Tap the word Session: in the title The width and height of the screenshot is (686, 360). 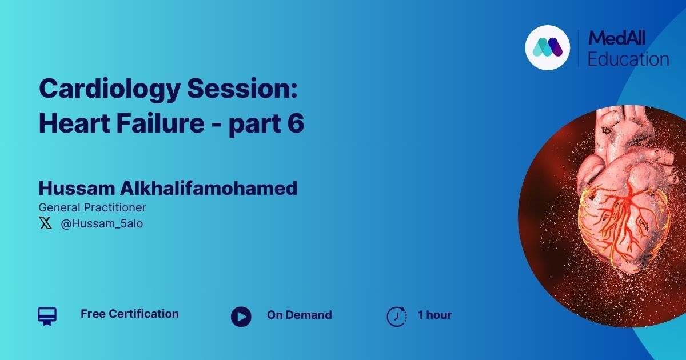(242, 88)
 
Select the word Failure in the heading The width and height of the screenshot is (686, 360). (160, 123)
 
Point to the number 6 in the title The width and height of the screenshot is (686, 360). (296, 123)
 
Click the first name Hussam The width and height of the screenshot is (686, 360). (77, 188)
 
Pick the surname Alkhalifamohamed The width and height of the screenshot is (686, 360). (209, 188)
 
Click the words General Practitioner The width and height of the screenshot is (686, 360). (93, 207)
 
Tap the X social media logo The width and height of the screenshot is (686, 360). (46, 223)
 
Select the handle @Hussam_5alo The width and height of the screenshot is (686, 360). (102, 223)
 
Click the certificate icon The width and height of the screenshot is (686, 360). (47, 317)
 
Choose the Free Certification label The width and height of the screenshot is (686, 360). (130, 314)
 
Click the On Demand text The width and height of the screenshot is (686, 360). (300, 315)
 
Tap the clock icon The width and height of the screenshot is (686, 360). (397, 316)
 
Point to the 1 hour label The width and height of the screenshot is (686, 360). (435, 315)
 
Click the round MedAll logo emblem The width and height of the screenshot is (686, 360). (548, 48)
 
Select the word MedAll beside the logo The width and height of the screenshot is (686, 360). (616, 38)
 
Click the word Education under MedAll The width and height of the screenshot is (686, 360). (628, 59)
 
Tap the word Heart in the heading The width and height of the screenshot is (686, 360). (74, 123)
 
